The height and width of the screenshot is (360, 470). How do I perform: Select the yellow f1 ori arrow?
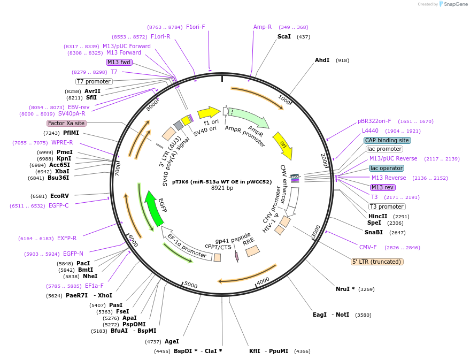coord(209,112)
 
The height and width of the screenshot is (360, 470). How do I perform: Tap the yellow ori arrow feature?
coord(284,146)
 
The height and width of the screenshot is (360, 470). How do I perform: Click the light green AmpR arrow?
coord(249,119)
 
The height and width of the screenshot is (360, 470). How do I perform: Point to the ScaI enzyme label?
coord(284,36)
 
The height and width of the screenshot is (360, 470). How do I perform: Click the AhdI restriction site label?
coord(322,60)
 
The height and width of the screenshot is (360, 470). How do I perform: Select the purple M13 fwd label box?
coord(119,62)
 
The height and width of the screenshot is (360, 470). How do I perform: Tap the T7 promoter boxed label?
coord(94,81)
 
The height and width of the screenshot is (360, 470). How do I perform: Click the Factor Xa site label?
coord(66,123)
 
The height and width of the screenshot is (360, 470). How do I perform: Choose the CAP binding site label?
coord(387,140)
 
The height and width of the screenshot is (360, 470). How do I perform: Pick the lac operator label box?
coord(387,168)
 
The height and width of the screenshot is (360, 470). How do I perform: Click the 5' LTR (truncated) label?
coord(377,262)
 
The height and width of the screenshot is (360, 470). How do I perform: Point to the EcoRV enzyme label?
coord(59,196)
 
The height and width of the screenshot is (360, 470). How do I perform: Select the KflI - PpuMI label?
coord(268,351)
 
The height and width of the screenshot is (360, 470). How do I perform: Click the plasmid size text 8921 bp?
coord(222,188)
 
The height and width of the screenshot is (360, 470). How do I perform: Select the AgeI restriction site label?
coord(172,341)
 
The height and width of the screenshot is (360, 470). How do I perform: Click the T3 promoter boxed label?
coord(387,206)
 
